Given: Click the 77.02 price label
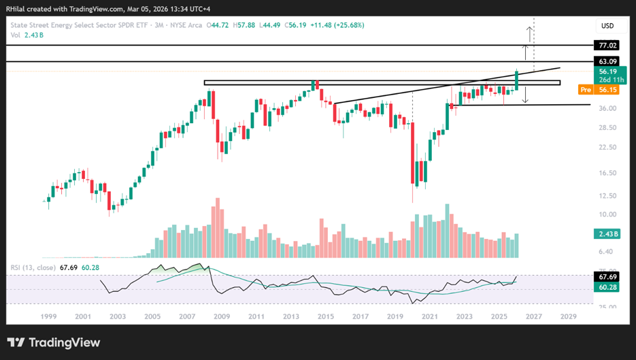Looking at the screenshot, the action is [x=607, y=46].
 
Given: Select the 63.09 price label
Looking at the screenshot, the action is [x=607, y=61].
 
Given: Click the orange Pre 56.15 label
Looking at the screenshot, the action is [x=599, y=90].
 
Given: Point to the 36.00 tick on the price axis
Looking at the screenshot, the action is [x=607, y=108].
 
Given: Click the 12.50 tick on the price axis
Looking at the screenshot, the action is [x=607, y=195].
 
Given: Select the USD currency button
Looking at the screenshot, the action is [x=607, y=26].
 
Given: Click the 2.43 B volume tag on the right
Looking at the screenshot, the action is [x=607, y=234].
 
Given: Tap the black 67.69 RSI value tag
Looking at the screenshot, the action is [x=607, y=277].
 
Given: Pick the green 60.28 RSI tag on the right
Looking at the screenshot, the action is [x=607, y=287].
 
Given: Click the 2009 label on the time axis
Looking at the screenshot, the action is [x=222, y=316].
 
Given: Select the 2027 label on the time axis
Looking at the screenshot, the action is [x=534, y=316].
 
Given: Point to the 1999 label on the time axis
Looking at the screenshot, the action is [x=48, y=316].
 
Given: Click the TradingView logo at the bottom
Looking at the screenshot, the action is [x=54, y=342].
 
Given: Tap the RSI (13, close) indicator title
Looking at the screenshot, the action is [x=33, y=267].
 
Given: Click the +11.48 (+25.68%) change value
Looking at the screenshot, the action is [x=337, y=25].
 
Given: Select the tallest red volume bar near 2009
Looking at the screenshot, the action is [x=218, y=228].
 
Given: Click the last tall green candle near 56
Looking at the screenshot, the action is [x=517, y=80].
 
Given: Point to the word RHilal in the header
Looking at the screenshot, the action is [x=15, y=9].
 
